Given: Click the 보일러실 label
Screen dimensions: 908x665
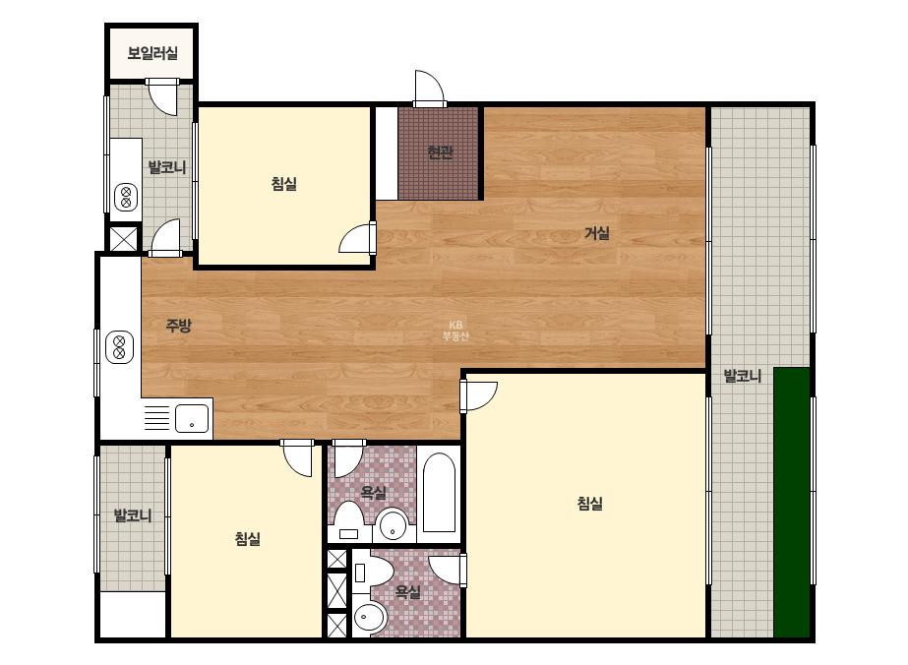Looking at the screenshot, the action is coord(152,53).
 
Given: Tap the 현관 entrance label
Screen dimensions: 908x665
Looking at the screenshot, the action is coord(440,152).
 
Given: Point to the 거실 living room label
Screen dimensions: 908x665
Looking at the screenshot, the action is coord(597,233).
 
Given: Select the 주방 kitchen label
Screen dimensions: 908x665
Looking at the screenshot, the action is coord(178,325).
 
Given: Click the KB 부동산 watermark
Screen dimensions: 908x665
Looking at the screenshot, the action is coord(455,331).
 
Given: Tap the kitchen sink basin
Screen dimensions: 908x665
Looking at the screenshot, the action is coord(192,418).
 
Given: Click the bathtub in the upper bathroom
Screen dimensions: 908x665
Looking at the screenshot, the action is coord(439,492).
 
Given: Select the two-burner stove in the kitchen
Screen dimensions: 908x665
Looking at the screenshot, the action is coord(120,347).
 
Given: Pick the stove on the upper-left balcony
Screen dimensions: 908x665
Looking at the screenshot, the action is coord(126,197).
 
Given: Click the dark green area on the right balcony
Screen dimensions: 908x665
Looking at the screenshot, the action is coord(792,503).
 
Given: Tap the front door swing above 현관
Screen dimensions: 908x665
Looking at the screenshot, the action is coord(429,89).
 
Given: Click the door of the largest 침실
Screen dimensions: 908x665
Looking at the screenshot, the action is coord(478,395).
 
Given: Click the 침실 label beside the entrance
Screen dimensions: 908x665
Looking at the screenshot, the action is coord(283,184).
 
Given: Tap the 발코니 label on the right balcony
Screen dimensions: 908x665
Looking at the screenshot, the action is coord(743,377).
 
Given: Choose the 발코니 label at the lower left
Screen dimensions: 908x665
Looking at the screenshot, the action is coord(133,514).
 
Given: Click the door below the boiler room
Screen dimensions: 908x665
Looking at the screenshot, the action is coord(161,95).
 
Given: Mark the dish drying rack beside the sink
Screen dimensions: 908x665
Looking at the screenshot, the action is coord(156,418).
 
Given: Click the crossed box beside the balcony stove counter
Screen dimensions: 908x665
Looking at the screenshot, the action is coord(124,239).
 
